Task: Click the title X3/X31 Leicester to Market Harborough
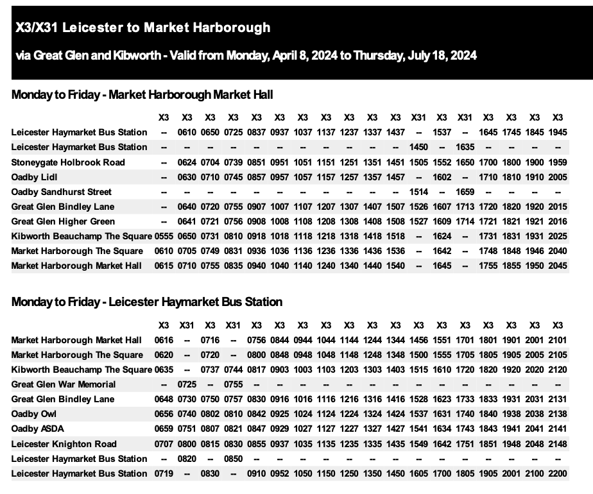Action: (143, 28)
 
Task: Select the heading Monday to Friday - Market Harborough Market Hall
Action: (142, 95)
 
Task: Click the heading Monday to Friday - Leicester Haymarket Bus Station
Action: (147, 302)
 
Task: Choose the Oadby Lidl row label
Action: (36, 176)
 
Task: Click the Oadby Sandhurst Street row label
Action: (61, 192)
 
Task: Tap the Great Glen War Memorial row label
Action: (64, 384)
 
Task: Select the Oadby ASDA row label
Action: (38, 429)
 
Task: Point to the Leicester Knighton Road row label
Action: (64, 444)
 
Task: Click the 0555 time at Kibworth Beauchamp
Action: (164, 236)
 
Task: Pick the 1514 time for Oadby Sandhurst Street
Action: (418, 192)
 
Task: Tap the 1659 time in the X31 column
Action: (465, 192)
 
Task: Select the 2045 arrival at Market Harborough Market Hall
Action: (558, 266)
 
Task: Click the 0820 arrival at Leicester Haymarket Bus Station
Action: (187, 459)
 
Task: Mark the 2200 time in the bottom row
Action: (558, 473)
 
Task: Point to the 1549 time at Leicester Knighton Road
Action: (418, 444)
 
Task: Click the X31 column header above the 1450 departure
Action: (418, 117)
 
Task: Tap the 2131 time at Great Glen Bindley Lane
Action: (558, 399)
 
